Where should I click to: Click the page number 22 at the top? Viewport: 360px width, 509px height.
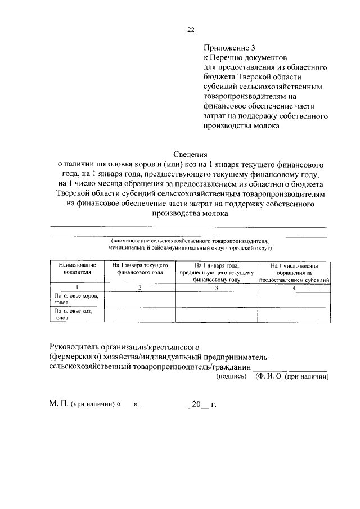(x=191, y=30)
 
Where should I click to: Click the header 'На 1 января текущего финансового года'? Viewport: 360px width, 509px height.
(x=139, y=268)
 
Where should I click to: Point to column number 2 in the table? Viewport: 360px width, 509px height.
(x=139, y=287)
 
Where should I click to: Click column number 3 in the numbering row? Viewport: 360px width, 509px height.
(x=217, y=287)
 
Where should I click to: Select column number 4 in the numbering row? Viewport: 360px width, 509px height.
(x=294, y=287)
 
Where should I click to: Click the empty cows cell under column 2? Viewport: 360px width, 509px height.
(x=139, y=299)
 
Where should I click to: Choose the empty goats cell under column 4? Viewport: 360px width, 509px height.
(x=294, y=314)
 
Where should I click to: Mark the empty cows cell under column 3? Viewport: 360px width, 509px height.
(x=217, y=299)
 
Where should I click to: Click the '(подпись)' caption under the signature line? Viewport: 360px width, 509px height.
(x=232, y=376)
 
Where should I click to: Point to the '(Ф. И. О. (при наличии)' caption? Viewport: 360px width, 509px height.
(x=291, y=376)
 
